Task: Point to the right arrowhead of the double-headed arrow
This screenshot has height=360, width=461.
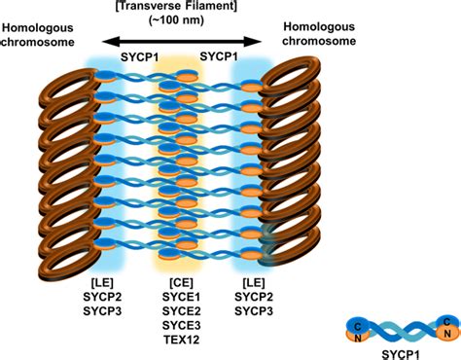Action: tap(260, 42)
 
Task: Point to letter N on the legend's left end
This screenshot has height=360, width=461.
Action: tap(359, 335)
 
